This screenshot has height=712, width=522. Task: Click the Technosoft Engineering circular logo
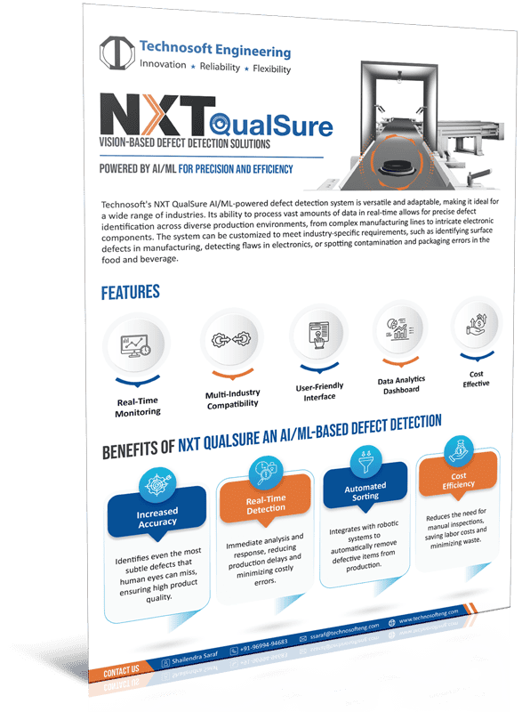point(118,54)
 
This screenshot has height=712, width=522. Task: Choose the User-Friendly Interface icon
point(314,337)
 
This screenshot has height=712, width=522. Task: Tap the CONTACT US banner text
point(122,669)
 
